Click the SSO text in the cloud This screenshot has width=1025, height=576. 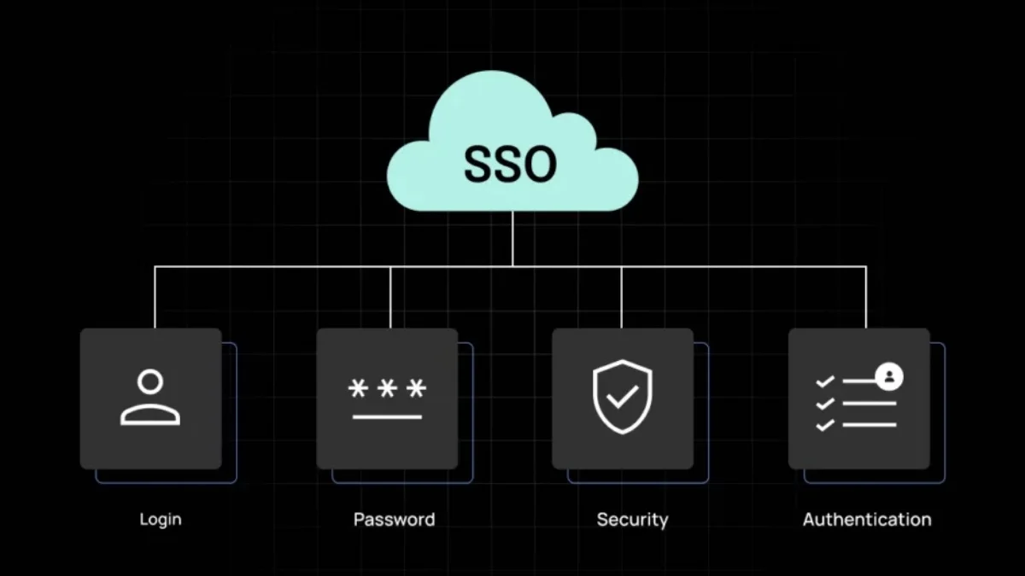510,164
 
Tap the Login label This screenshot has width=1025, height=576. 161,520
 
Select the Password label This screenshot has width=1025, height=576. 395,520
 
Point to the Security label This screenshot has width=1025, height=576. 632,520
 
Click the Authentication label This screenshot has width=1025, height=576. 867,520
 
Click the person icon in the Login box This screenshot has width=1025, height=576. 150,398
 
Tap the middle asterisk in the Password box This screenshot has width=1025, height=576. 387,388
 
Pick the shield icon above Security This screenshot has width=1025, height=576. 623,397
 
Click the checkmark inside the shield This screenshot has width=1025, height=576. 623,396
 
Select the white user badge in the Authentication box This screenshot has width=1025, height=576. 889,377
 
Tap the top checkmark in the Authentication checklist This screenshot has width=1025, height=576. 825,381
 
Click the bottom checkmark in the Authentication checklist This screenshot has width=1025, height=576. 825,425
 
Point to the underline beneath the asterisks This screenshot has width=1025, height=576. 387,417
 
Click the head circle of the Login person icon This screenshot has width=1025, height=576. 150,381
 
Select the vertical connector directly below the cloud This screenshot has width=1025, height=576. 512,238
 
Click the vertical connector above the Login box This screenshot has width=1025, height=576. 155,297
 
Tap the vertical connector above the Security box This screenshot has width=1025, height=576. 621,297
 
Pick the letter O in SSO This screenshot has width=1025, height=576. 542,164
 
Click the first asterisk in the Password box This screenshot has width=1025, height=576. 358,388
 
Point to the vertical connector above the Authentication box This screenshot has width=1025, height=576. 866,297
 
